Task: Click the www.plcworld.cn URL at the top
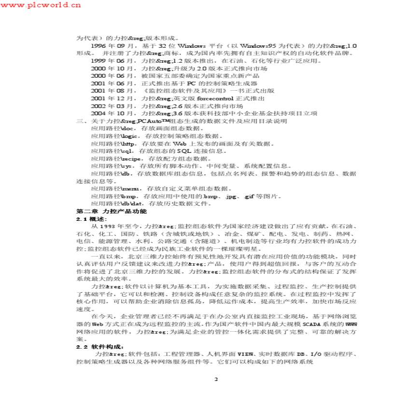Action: point(41,5)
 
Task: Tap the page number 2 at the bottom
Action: point(216,379)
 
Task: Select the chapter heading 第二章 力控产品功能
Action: point(112,212)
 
